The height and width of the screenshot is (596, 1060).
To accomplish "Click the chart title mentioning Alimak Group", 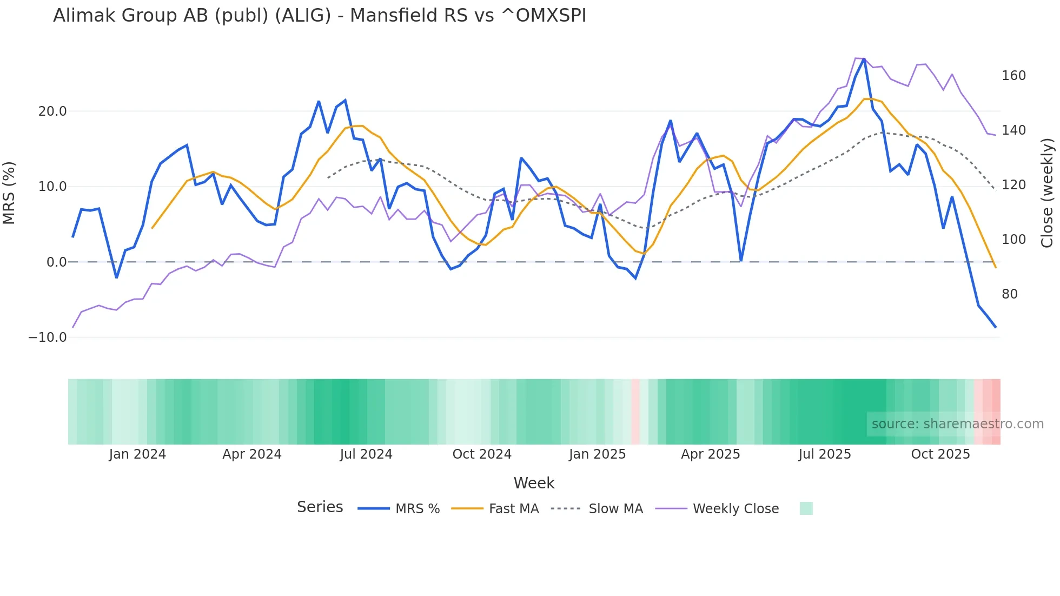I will click(319, 16).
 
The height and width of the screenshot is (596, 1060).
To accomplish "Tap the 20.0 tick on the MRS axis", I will click(52, 111).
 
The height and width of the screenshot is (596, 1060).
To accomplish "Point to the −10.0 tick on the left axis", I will click(48, 337).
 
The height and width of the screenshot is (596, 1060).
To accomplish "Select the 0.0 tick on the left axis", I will click(56, 262).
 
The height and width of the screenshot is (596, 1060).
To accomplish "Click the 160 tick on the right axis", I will click(1013, 76).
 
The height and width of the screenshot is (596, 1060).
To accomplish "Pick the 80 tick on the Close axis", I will click(1010, 294).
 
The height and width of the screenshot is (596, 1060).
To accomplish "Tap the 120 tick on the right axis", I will click(1013, 185).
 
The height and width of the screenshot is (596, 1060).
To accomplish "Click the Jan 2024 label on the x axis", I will click(137, 454).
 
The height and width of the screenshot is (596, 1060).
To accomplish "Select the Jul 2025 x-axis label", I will click(825, 454).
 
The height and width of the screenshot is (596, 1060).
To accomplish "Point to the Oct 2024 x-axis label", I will click(482, 454).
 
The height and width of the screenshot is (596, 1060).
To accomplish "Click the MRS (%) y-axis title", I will click(9, 193).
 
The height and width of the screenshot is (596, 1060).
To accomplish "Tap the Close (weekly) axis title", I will click(1048, 193).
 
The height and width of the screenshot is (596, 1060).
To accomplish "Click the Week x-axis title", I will click(534, 483).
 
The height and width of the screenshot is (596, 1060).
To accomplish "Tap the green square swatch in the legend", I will click(806, 509).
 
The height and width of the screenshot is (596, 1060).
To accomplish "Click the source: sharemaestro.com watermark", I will click(957, 424).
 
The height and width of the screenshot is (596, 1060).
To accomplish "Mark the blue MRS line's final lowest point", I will click(995, 327).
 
